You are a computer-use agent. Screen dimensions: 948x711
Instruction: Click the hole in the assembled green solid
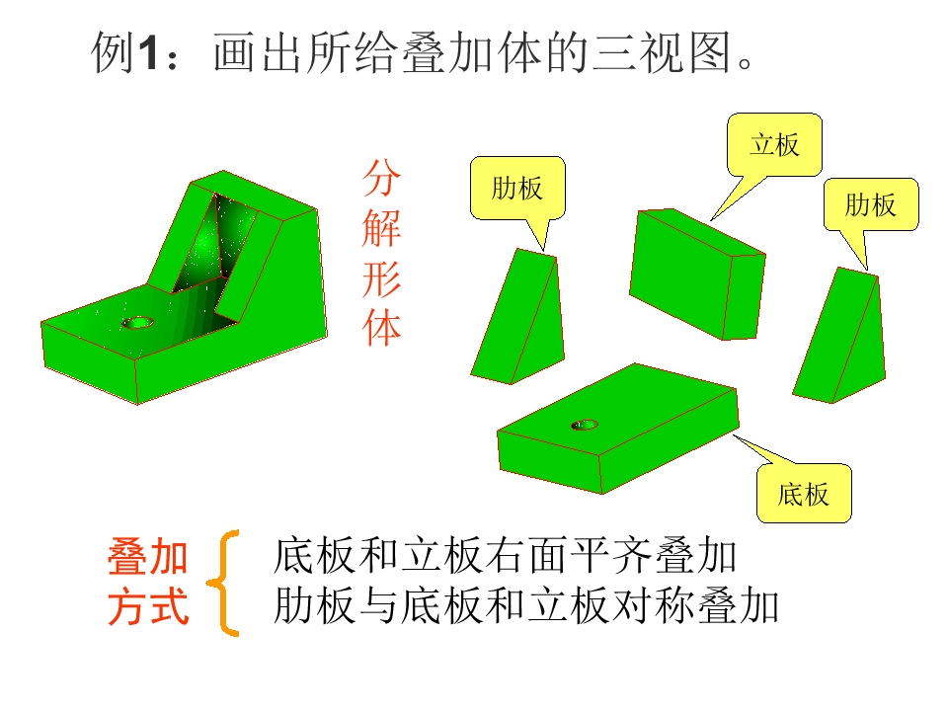(138, 322)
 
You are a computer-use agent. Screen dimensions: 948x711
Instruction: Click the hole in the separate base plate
(585, 425)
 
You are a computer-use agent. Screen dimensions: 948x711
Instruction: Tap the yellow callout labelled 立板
(774, 145)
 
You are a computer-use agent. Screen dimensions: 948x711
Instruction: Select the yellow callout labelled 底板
(804, 493)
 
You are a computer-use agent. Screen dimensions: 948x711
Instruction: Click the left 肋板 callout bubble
(517, 188)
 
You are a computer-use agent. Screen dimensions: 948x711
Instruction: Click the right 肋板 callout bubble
(871, 204)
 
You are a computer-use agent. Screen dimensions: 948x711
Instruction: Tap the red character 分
(381, 179)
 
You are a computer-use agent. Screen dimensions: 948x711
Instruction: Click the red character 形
(381, 279)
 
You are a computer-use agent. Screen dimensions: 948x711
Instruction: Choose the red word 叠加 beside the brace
(148, 557)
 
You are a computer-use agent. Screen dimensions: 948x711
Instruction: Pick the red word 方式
(148, 606)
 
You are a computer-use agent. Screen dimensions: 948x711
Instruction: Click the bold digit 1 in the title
(149, 53)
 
